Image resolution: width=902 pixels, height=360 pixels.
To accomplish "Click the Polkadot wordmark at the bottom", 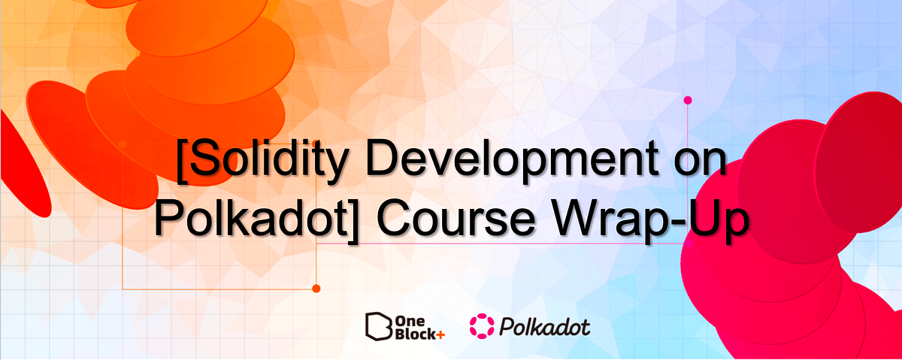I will (x=543, y=326).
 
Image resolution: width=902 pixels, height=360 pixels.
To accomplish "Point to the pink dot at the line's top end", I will (x=687, y=100).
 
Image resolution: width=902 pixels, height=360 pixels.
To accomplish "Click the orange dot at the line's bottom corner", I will (x=316, y=288).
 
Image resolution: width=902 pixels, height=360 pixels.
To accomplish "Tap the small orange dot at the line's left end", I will (x=123, y=143).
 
